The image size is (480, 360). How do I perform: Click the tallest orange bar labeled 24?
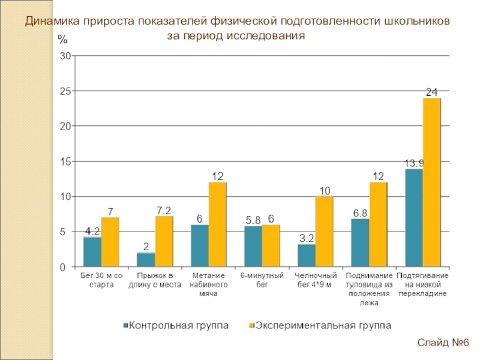click(431, 182)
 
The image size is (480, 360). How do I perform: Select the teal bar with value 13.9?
click(414, 218)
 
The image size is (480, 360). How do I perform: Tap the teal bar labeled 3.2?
click(306, 255)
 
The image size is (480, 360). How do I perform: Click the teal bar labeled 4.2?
click(92, 252)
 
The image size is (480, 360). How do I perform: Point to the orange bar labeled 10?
click(325, 232)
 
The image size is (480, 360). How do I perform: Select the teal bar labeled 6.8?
click(360, 242)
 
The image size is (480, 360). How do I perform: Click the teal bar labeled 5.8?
click(253, 246)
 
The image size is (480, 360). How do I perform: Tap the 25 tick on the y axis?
click(65, 91)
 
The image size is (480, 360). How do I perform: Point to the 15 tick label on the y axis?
click(65, 161)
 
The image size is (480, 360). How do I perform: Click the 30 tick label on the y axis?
click(65, 56)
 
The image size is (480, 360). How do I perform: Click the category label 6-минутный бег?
click(262, 280)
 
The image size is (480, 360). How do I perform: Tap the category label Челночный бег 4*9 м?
click(316, 280)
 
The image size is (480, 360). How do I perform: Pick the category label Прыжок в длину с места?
click(155, 280)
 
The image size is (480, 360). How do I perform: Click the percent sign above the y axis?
click(62, 40)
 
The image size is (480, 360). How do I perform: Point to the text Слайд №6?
click(443, 343)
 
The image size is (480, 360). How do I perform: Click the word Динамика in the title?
click(48, 22)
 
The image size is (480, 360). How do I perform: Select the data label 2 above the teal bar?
click(146, 246)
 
